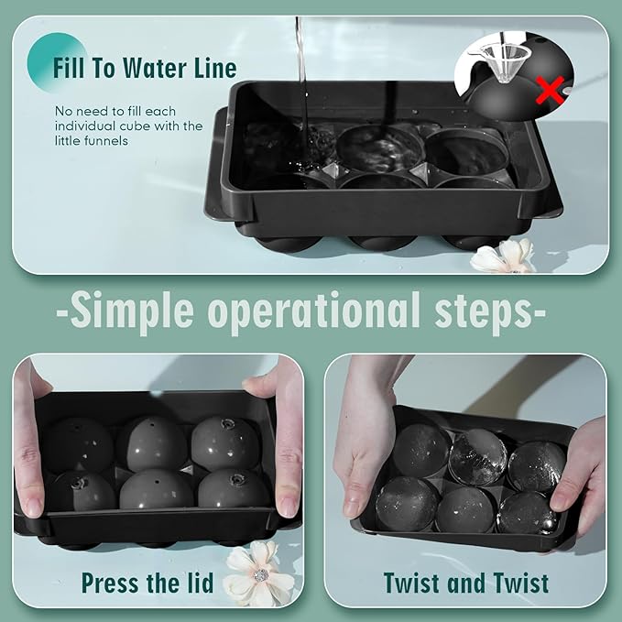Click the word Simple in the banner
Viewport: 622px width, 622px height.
[x=134, y=311]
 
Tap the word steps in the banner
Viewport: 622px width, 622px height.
[x=485, y=311]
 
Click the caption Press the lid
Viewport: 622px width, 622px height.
[x=147, y=583]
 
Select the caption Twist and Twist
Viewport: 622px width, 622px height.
[x=466, y=583]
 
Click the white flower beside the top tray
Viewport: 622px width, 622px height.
[x=503, y=256]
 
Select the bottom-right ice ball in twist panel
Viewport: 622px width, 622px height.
[x=526, y=513]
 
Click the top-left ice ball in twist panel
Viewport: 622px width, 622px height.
[x=420, y=450]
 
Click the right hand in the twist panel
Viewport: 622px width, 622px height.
[x=583, y=476]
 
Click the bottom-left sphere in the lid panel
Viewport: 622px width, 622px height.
[x=82, y=491]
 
